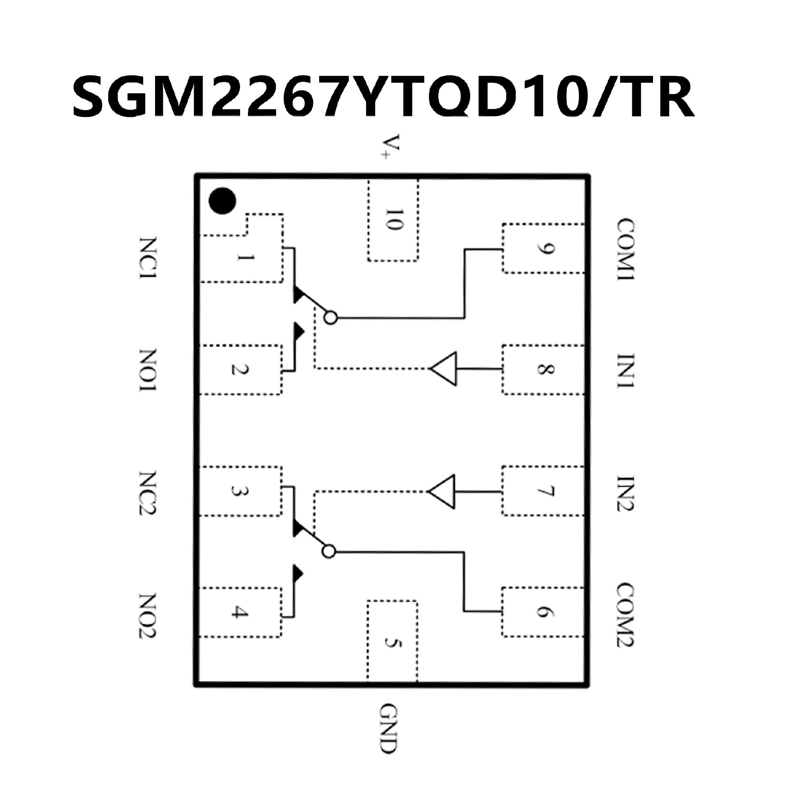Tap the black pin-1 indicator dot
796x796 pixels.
223,201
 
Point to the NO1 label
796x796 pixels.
148,370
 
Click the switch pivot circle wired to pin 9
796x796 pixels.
331,318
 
